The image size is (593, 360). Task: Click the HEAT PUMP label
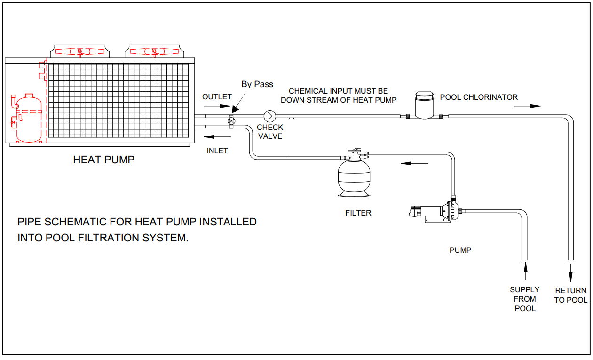click(103, 160)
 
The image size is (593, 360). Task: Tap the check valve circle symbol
click(270, 115)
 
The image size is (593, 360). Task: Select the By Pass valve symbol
click(231, 120)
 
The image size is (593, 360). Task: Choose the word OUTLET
click(217, 96)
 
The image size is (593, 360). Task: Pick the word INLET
click(217, 151)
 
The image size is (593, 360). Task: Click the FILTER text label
click(358, 213)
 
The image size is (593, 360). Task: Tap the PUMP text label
click(460, 250)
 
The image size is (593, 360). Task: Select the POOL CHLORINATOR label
click(479, 97)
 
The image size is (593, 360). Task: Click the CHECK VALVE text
click(270, 132)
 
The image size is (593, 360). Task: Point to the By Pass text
click(257, 84)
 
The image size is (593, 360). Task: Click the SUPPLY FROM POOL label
click(525, 299)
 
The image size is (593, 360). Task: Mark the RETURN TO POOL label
click(570, 295)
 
